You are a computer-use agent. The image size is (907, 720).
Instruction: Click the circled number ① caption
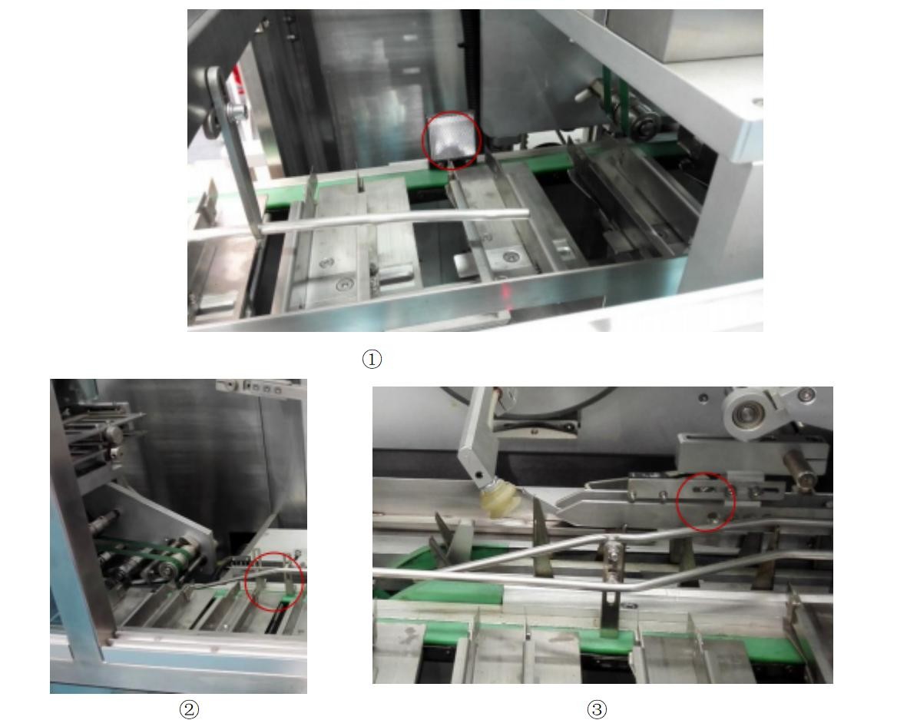click(372, 360)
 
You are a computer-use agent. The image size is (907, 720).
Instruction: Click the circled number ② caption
click(189, 709)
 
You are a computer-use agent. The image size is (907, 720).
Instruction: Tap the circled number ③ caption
click(597, 709)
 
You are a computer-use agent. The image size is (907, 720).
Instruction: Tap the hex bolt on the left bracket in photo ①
click(237, 110)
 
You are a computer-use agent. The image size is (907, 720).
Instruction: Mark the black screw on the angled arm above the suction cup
click(478, 475)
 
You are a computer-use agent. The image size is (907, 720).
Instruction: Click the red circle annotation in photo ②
click(274, 581)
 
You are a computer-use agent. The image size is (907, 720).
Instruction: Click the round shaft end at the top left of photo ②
click(114, 433)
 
